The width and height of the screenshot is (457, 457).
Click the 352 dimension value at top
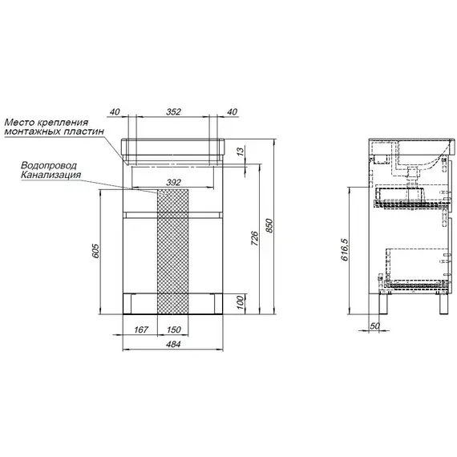coord(173,112)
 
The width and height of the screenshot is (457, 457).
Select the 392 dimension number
coord(173,183)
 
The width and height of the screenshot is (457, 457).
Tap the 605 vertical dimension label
coord(95,251)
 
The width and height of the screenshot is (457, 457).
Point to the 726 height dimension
coord(254,238)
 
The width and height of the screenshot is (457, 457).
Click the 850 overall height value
coord(269,225)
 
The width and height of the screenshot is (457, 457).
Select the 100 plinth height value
coord(240,302)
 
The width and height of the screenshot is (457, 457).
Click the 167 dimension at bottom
coord(141,330)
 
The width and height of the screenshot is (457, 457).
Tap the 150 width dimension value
coord(174,330)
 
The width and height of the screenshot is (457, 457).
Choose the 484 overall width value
coord(173,344)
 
